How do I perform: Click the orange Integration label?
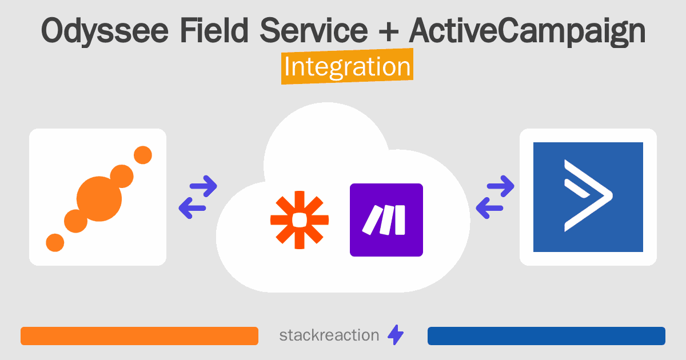point(347,67)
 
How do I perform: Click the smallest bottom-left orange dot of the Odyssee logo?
point(55,242)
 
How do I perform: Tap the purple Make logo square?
point(386,219)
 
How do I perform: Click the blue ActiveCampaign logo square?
point(588,197)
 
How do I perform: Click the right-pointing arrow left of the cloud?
point(202,185)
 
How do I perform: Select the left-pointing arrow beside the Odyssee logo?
point(193,208)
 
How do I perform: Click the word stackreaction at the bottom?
point(329,335)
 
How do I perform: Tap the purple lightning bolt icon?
point(396,335)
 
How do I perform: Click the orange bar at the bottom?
point(139,335)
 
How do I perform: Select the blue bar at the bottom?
point(546,335)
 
